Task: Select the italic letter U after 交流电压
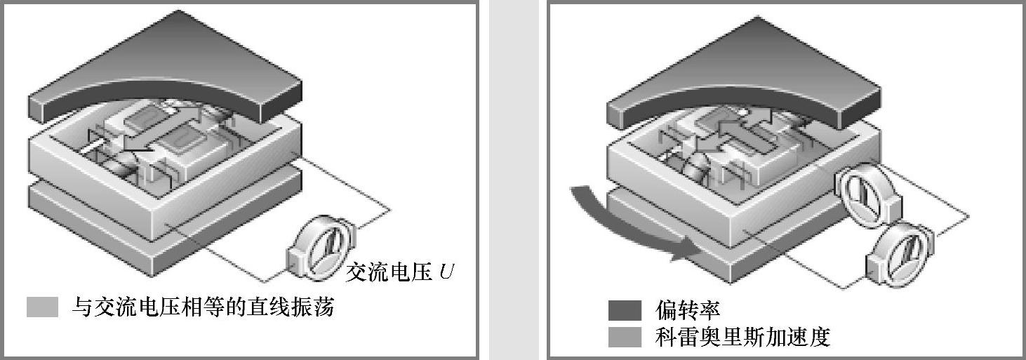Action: click(x=446, y=272)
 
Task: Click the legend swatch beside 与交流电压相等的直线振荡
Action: click(x=42, y=307)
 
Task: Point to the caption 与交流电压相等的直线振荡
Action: click(x=203, y=307)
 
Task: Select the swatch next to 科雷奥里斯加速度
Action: click(x=625, y=338)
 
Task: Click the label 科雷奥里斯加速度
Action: click(x=743, y=338)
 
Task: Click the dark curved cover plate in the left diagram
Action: click(x=165, y=70)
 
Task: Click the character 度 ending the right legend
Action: click(x=819, y=338)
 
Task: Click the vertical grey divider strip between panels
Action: click(x=513, y=180)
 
